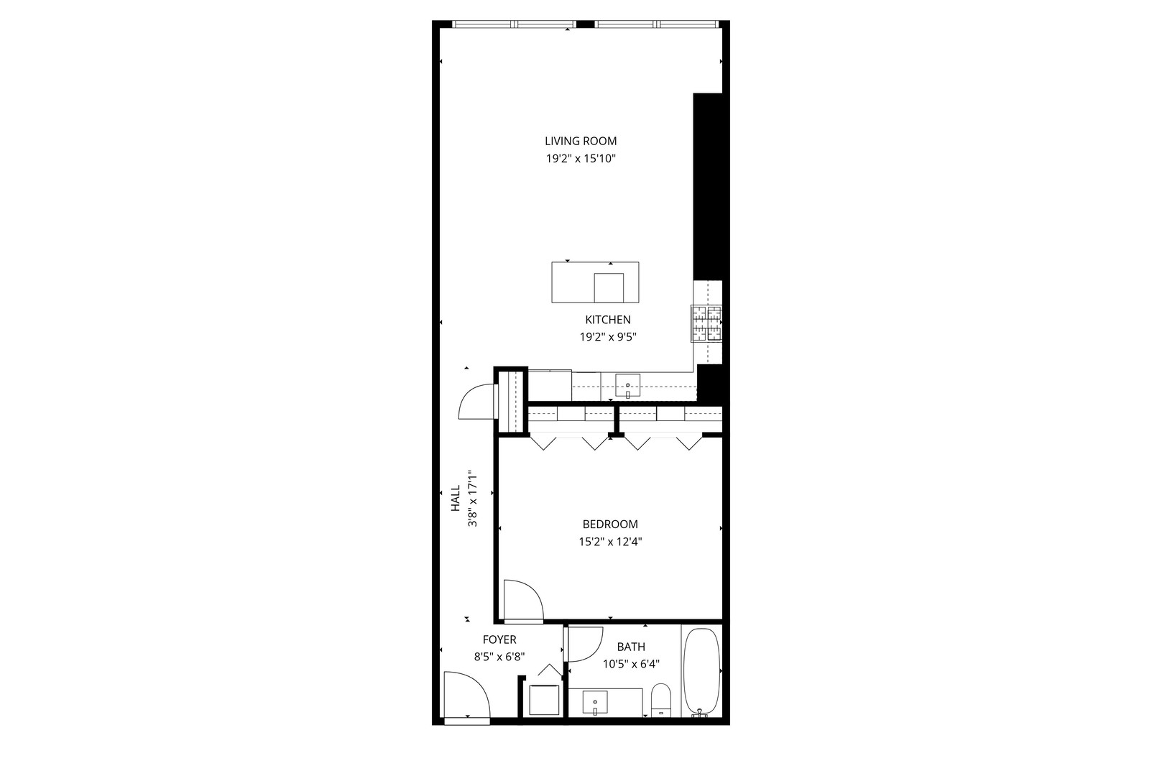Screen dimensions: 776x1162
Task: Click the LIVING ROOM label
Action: tap(581, 142)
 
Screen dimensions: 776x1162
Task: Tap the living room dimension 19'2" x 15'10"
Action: tap(581, 159)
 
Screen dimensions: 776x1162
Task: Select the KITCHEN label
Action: tap(608, 320)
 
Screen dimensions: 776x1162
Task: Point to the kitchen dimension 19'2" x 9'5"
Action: tap(608, 336)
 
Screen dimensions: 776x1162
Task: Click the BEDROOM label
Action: tap(610, 525)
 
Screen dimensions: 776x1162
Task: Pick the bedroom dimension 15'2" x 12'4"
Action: tap(610, 542)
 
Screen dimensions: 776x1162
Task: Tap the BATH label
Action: tap(631, 647)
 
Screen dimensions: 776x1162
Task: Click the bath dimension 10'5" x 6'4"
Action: tap(631, 664)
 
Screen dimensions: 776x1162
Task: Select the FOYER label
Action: tap(499, 639)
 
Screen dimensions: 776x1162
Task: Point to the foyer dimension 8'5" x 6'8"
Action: tap(499, 656)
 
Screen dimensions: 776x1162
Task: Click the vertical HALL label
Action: tap(456, 499)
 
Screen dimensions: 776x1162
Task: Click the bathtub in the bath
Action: tap(701, 671)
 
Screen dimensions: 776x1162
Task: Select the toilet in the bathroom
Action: tap(660, 700)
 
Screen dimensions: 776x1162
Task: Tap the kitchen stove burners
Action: tap(706, 323)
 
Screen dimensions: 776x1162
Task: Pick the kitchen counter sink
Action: tap(628, 386)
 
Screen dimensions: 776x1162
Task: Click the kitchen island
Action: tap(595, 282)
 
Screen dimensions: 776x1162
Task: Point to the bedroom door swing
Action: tap(522, 601)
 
